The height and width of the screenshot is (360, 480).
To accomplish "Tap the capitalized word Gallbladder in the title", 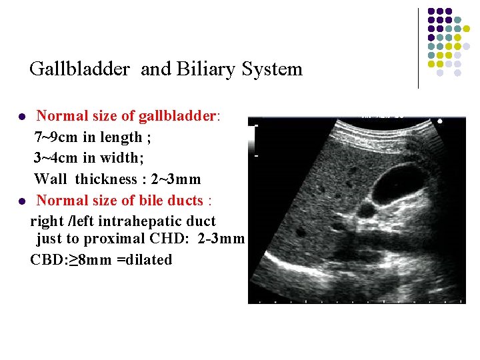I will click(79, 69).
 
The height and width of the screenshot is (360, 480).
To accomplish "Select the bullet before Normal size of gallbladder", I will click(21, 117).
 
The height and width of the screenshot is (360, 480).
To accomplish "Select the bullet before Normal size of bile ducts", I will click(21, 201).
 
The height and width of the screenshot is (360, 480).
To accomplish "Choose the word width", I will click(121, 159).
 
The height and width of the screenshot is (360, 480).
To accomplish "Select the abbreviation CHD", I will click(175, 239).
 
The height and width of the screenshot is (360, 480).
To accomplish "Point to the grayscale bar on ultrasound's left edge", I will click(252, 139).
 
